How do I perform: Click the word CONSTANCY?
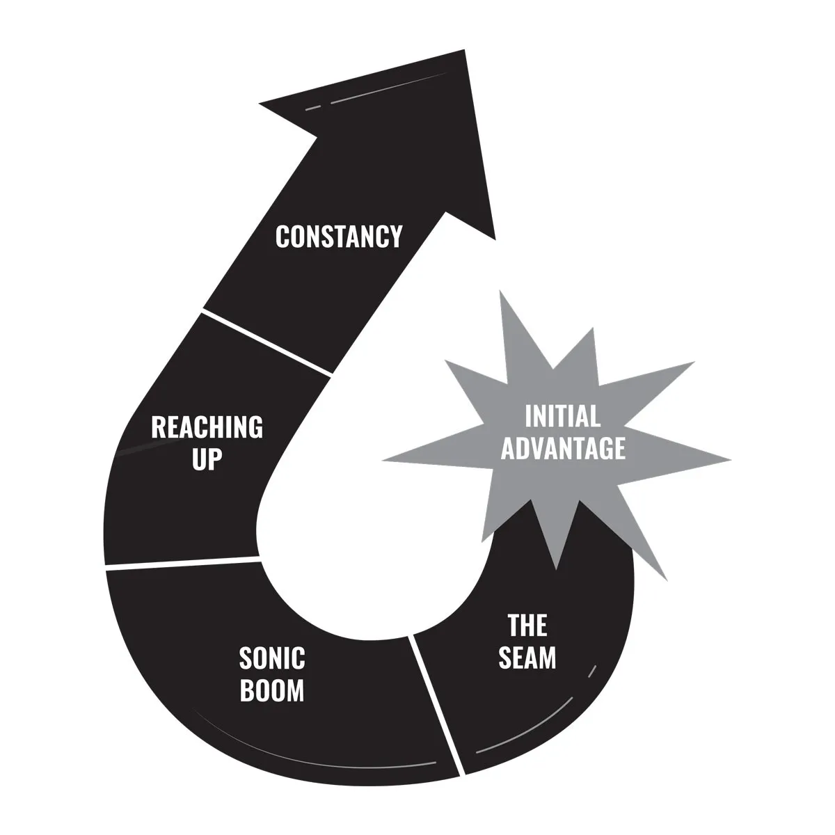(339, 237)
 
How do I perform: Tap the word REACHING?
(207, 427)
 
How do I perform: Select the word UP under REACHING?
(207, 459)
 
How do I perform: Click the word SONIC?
(272, 658)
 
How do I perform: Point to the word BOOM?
(272, 690)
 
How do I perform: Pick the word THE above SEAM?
(527, 626)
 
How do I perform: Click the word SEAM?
(527, 658)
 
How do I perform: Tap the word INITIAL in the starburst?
(562, 417)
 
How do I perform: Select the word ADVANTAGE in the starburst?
(563, 449)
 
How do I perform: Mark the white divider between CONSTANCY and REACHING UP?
(267, 342)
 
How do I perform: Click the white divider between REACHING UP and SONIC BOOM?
(182, 564)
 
